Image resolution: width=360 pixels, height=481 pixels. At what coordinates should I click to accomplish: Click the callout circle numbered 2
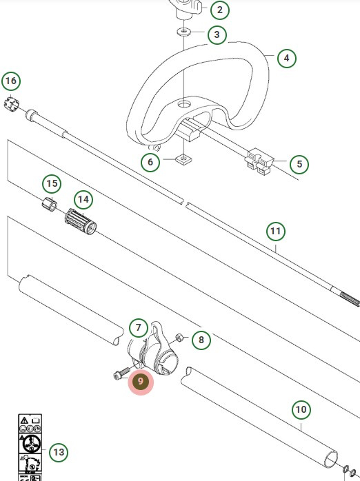click(219, 10)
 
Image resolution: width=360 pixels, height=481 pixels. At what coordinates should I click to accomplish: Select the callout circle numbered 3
click(217, 34)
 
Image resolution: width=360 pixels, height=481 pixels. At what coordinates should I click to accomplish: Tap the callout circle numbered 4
click(286, 59)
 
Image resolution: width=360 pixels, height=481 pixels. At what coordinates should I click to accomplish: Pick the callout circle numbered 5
click(299, 164)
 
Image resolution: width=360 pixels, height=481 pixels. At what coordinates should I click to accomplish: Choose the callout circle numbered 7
click(138, 328)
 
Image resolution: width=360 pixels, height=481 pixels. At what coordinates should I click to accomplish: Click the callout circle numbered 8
click(201, 339)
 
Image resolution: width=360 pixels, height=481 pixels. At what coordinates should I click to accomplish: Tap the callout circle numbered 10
click(301, 410)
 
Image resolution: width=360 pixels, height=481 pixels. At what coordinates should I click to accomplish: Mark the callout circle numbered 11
click(276, 232)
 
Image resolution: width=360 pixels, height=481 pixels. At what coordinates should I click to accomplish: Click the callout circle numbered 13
click(59, 453)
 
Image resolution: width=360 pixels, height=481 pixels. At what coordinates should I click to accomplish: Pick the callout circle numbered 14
click(83, 200)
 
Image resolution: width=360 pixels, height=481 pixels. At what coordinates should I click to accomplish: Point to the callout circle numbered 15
click(52, 184)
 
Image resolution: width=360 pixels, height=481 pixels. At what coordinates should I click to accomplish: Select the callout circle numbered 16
click(10, 81)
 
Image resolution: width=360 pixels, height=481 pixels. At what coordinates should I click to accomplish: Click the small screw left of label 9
click(120, 374)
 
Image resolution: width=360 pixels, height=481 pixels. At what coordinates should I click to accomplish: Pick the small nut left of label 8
click(178, 337)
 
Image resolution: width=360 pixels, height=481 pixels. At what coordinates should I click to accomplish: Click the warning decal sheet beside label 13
click(29, 448)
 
